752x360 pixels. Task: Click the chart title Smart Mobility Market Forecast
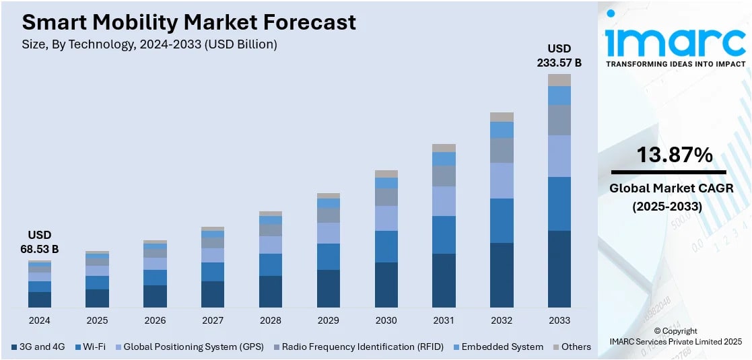189,22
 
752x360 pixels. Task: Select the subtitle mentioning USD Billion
149,44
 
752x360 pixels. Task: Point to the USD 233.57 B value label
559,56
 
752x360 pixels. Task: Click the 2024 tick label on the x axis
39,320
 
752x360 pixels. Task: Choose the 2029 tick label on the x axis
328,320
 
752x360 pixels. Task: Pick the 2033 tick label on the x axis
559,320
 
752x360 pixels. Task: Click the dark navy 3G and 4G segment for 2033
559,269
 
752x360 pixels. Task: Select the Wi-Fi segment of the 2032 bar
502,221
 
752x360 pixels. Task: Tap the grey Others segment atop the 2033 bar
559,80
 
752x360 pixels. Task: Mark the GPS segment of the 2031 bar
444,201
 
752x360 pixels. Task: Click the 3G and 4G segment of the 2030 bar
386,285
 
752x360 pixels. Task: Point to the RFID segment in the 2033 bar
559,120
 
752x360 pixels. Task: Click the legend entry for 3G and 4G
38,347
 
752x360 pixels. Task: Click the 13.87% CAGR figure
675,155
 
